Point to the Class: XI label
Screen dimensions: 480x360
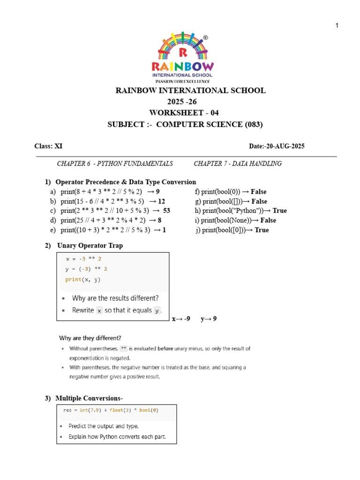click(48, 146)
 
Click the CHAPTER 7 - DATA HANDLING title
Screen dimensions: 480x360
click(238, 164)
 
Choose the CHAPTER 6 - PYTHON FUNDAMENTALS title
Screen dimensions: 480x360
click(115, 164)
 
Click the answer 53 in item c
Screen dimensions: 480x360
click(166, 211)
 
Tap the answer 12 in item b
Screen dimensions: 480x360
click(162, 202)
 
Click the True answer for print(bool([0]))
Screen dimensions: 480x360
click(261, 230)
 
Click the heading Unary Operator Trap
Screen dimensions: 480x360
click(90, 246)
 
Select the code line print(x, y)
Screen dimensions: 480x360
click(83, 279)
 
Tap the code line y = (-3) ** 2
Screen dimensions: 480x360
click(86, 269)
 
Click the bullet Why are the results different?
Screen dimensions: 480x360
click(115, 298)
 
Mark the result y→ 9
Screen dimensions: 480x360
click(209, 319)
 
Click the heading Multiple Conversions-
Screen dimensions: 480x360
click(89, 398)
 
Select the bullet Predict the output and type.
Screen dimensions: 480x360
click(103, 426)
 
